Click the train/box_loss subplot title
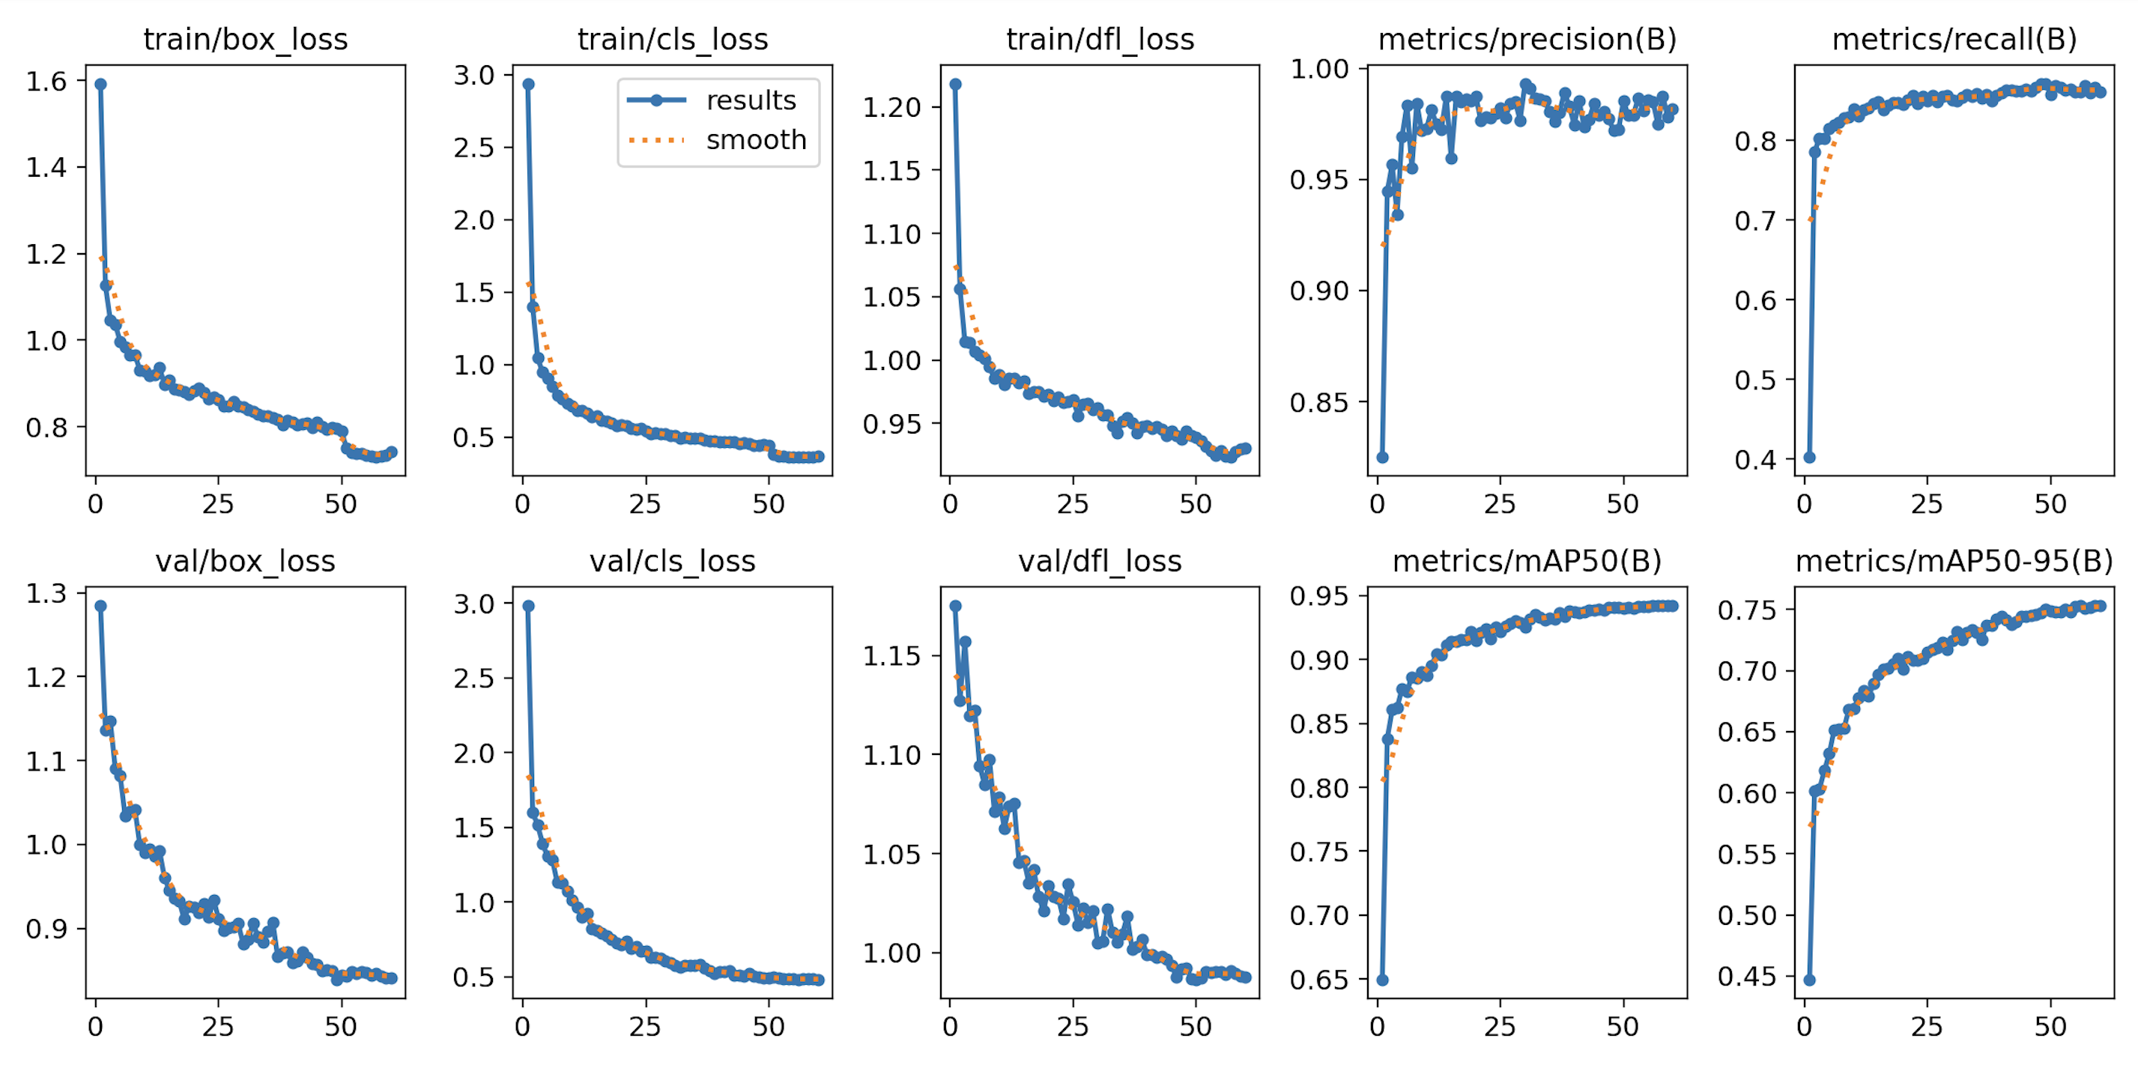click(x=245, y=39)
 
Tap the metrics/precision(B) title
click(x=1527, y=39)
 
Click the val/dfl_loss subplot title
click(x=1100, y=561)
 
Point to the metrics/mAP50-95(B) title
click(x=1954, y=561)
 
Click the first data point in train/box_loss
click(x=100, y=84)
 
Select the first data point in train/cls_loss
click(x=528, y=84)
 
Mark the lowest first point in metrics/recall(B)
click(x=1809, y=458)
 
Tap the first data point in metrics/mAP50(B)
click(x=1382, y=980)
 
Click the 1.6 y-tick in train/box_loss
click(x=46, y=81)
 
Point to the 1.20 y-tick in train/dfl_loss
click(x=891, y=107)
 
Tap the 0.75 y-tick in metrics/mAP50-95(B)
click(x=1746, y=610)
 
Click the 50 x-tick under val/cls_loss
click(x=769, y=1027)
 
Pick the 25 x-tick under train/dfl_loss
click(x=1072, y=504)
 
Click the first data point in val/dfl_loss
click(x=955, y=606)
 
